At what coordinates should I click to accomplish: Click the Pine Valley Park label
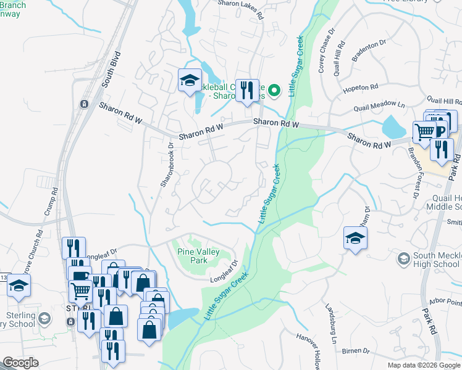click(x=199, y=257)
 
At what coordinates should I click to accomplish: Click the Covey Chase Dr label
click(x=326, y=50)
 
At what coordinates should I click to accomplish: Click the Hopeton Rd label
click(x=360, y=90)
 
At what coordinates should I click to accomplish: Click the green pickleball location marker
click(x=275, y=90)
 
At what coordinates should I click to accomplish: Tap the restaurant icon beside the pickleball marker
click(x=247, y=90)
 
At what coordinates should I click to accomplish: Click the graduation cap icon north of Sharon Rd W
click(x=190, y=80)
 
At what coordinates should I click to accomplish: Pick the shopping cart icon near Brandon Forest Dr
click(x=424, y=131)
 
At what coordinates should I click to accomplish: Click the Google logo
click(x=20, y=363)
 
